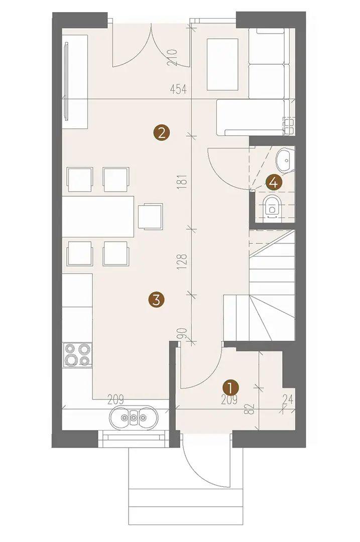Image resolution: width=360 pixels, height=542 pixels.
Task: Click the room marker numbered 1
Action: (x=231, y=388)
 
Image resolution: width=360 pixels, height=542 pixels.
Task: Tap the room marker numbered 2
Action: (x=162, y=132)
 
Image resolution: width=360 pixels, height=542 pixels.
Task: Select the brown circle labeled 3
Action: (x=156, y=300)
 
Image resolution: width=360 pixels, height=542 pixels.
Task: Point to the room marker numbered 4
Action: (x=274, y=182)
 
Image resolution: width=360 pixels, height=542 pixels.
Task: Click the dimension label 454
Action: (x=178, y=89)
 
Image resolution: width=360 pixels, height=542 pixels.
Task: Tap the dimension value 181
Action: (x=183, y=181)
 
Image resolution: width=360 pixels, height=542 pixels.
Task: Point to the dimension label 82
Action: (x=252, y=409)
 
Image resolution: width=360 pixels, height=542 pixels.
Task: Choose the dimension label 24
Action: (x=288, y=400)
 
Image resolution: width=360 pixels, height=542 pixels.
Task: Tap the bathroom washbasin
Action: (x=284, y=160)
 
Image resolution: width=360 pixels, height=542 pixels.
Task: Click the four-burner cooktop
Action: (x=78, y=355)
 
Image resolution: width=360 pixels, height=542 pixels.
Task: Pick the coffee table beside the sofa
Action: (x=223, y=65)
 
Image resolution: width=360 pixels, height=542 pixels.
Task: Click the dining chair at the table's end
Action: (x=151, y=216)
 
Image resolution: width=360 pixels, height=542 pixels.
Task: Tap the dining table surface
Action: (x=98, y=217)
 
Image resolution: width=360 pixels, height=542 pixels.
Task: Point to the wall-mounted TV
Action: (x=66, y=81)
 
